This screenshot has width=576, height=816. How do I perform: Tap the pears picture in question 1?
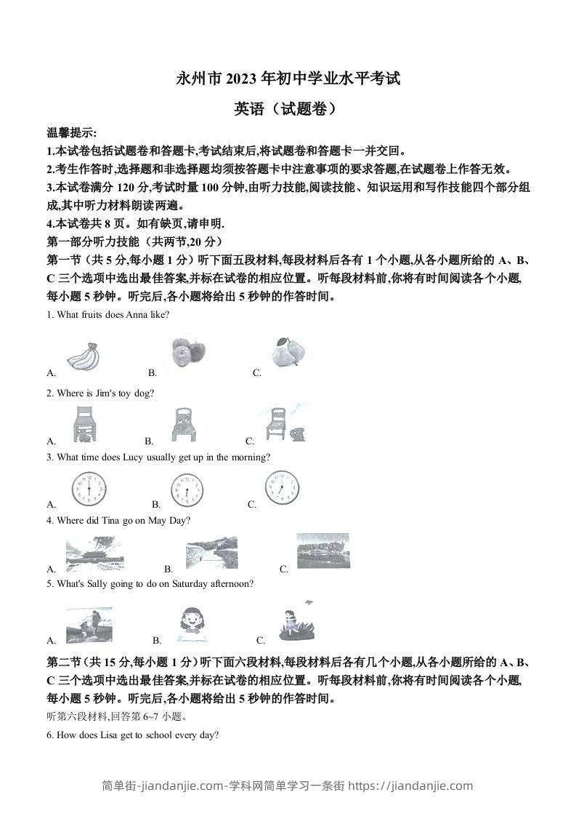click(289, 352)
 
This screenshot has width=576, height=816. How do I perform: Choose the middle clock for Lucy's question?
click(187, 490)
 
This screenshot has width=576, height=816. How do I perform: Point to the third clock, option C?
click(281, 487)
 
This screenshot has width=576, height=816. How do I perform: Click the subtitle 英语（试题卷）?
click(287, 109)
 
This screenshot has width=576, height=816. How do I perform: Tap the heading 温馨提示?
click(70, 133)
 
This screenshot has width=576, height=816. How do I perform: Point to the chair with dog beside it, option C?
click(283, 425)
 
